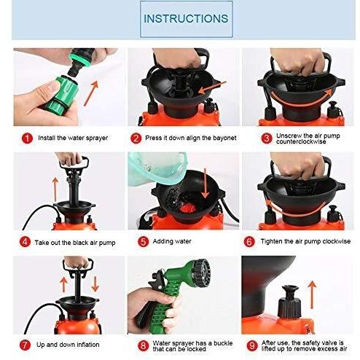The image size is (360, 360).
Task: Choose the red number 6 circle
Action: (x=249, y=241)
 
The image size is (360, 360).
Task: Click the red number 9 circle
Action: (x=249, y=344)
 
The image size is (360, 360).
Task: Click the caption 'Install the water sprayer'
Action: (x=69, y=137)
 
